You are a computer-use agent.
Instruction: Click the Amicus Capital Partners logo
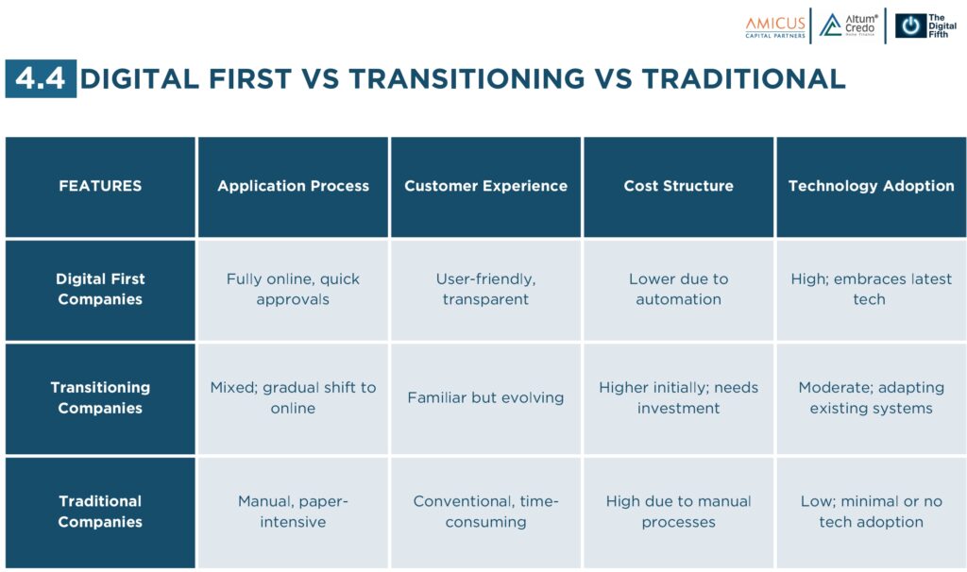coord(775,27)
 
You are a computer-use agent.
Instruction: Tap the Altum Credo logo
coord(849,25)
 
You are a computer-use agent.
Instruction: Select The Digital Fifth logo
coord(925,25)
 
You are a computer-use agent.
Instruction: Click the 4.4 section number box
coord(41,78)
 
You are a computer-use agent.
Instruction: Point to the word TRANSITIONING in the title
coord(467,79)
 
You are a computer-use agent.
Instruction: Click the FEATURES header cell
coord(100,187)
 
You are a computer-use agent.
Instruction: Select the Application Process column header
coord(293,187)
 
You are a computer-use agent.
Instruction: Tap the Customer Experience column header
coord(486,187)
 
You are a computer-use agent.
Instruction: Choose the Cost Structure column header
coord(678,187)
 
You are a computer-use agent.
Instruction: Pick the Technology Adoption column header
coord(872,187)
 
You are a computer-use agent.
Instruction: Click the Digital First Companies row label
coord(100,290)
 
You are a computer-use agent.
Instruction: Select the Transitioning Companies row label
coord(100,398)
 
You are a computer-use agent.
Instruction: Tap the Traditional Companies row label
coord(100,512)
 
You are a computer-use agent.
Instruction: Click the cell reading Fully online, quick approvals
coord(293,290)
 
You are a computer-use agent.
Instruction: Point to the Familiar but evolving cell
coord(486,398)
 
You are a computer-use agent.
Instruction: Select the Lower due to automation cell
coord(678,290)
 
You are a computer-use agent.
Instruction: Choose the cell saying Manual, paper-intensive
coord(293,512)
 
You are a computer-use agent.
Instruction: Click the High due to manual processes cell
coord(678,512)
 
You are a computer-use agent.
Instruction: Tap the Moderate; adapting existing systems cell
coord(872,398)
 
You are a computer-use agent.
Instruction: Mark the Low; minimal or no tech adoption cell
coord(872,512)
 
